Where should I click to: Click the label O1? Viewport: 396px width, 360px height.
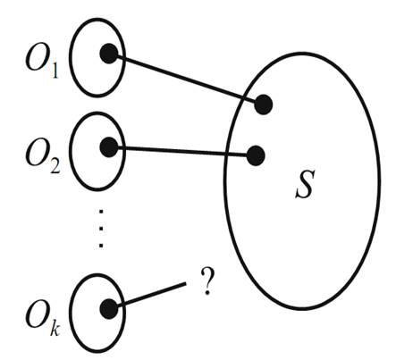pos(42,62)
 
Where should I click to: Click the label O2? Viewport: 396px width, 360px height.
pos(43,156)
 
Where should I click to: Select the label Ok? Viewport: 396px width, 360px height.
pos(43,320)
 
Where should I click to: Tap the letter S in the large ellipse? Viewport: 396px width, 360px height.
pos(305,184)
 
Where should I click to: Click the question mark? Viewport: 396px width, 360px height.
pos(207,280)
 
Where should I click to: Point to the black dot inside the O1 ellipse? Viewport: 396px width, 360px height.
pos(109,54)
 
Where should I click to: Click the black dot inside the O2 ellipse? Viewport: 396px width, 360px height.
pos(109,147)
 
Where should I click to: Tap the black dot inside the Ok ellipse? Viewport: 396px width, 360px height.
pos(109,309)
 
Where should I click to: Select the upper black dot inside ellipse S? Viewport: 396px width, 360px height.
pos(264,105)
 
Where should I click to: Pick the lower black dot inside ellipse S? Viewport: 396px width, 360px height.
pos(256,155)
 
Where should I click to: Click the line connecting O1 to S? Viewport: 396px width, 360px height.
pos(186,80)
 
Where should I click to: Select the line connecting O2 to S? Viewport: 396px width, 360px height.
pos(182,151)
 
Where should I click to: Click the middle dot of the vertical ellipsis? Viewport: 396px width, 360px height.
pos(101,229)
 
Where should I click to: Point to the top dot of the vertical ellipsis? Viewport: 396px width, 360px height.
pos(101,212)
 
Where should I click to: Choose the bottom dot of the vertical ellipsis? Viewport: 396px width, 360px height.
pos(101,246)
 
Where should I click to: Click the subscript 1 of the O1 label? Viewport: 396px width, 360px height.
pos(55,71)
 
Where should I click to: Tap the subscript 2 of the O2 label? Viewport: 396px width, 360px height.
pos(55,165)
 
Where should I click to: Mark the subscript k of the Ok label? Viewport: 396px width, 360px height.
pos(55,328)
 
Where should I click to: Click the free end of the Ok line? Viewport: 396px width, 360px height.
pos(186,283)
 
